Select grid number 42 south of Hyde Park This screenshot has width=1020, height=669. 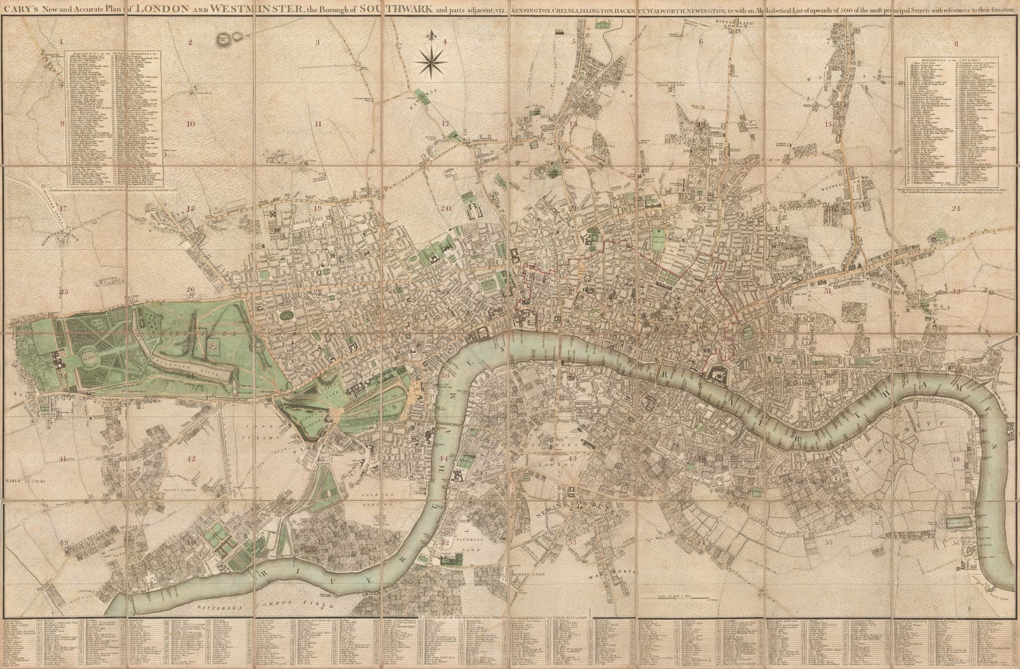(191, 458)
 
